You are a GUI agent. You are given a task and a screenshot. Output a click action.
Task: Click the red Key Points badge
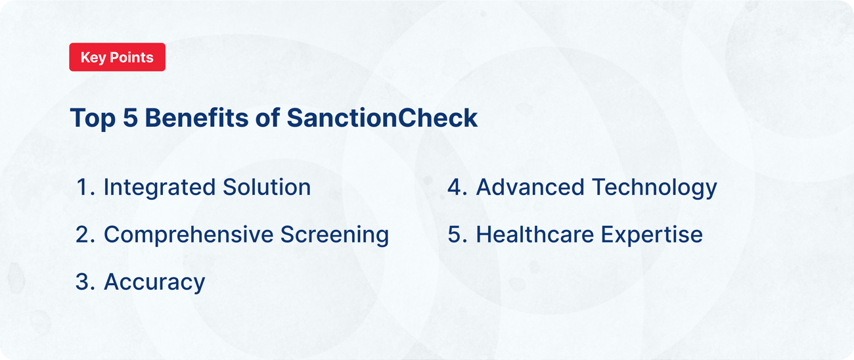click(117, 57)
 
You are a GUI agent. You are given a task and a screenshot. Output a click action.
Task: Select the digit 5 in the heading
click(131, 118)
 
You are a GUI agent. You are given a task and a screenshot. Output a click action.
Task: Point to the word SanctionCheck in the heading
click(382, 118)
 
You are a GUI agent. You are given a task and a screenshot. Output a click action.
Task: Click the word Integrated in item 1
click(156, 188)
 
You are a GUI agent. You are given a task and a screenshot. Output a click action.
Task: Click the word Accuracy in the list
click(154, 282)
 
